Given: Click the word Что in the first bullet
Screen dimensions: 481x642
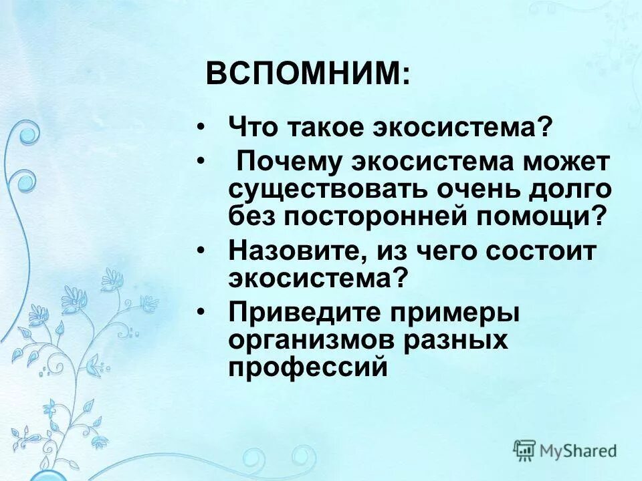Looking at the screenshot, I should [x=252, y=126].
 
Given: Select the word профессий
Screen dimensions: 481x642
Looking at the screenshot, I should [x=308, y=367].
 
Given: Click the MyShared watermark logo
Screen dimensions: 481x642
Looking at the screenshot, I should [x=565, y=451].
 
